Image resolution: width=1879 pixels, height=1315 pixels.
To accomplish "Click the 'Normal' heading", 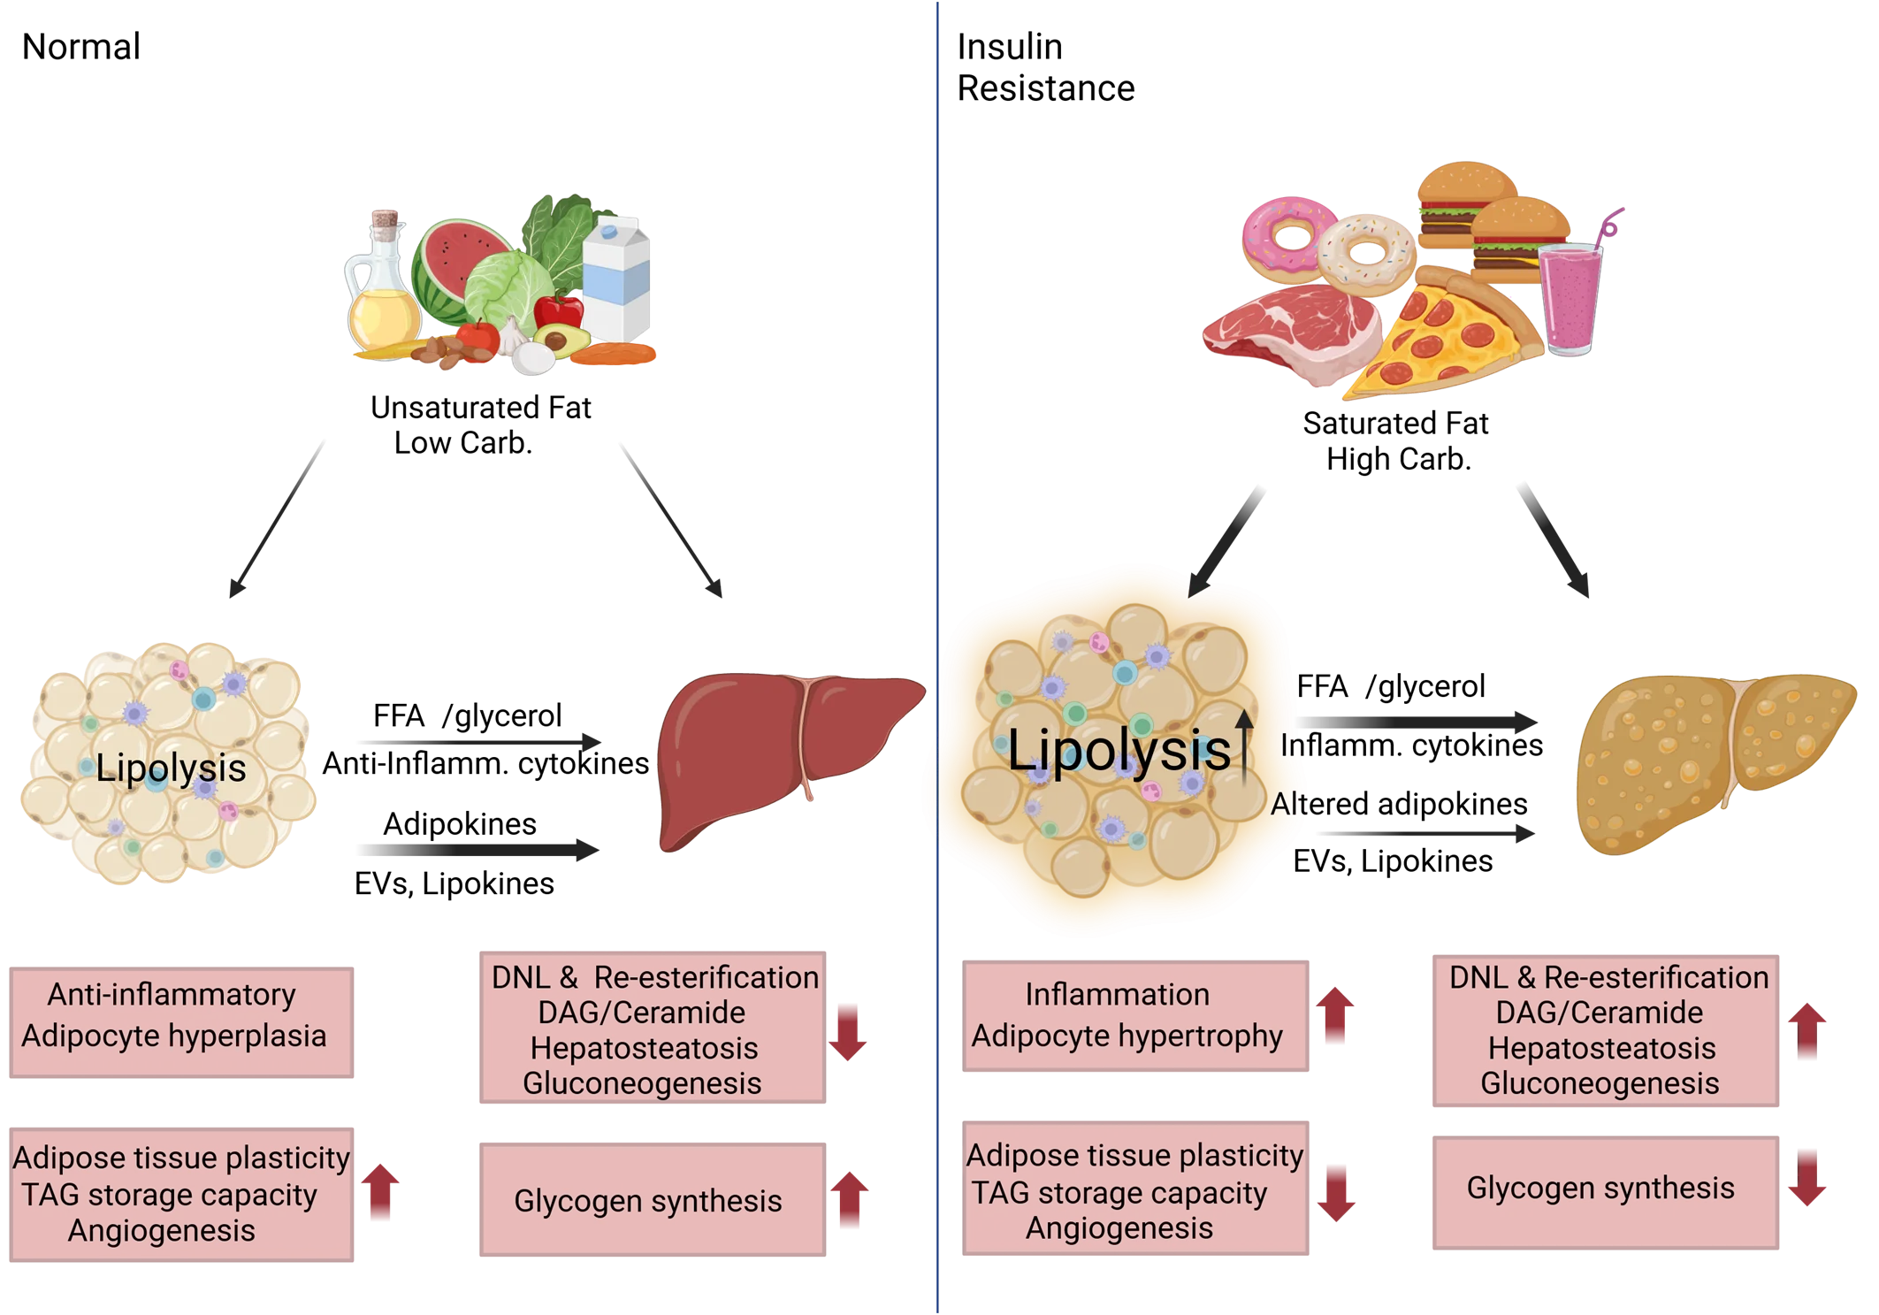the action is (80, 46).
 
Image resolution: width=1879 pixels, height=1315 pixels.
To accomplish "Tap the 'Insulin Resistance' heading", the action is (1045, 67).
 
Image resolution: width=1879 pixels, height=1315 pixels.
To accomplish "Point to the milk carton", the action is (617, 279).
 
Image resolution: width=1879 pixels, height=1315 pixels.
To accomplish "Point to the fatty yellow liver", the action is (1711, 761).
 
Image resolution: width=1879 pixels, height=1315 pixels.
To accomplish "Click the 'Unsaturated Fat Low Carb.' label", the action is (480, 424).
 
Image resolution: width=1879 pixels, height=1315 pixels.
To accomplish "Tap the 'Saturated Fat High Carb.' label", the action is (1396, 440).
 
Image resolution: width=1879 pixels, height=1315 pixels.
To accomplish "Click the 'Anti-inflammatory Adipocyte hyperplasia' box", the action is (181, 1021).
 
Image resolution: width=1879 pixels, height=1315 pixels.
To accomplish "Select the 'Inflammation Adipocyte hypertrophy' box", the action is (1135, 1016).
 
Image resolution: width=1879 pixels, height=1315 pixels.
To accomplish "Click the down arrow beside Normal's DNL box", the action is (848, 1031).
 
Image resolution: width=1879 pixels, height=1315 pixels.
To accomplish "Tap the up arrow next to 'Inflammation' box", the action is (1335, 1014).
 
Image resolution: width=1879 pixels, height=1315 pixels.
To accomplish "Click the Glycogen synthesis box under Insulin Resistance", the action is (1605, 1191).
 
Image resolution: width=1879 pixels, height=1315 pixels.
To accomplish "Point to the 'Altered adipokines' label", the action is (1399, 803).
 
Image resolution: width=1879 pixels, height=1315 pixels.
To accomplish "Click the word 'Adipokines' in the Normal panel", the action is (460, 823).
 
